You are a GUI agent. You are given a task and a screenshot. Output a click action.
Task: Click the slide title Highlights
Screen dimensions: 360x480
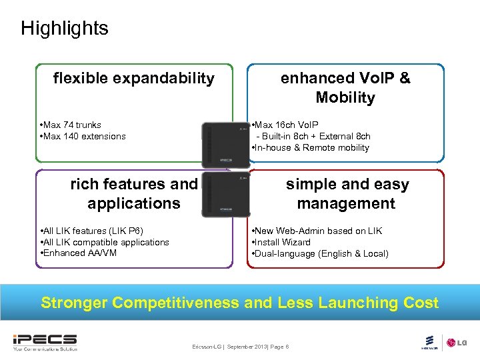coord(64,28)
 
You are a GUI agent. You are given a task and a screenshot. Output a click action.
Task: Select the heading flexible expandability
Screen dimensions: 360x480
coord(134,79)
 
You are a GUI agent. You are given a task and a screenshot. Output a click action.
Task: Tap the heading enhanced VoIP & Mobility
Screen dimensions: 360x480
coord(345,88)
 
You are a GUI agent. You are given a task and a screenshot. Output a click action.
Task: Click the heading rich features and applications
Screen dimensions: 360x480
coord(134,193)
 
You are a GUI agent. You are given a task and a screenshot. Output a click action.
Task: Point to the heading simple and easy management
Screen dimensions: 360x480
coord(347,193)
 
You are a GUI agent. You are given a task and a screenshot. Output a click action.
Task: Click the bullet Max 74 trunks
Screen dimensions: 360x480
coord(71,125)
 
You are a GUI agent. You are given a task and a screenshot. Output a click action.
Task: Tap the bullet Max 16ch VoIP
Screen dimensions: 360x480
coord(285,125)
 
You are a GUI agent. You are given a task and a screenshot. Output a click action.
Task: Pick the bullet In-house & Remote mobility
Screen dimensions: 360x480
coord(310,147)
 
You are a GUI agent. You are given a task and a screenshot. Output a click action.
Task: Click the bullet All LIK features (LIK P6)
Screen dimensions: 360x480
coord(92,231)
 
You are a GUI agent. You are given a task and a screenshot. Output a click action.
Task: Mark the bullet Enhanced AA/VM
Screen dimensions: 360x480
coord(76,253)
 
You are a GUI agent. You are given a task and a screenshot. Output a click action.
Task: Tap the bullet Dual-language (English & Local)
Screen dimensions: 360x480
coord(320,253)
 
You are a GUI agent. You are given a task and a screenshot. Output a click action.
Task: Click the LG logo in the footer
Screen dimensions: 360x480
coord(456,343)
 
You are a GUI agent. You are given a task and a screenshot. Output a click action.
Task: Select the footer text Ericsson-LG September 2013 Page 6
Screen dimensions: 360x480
coord(240,347)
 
